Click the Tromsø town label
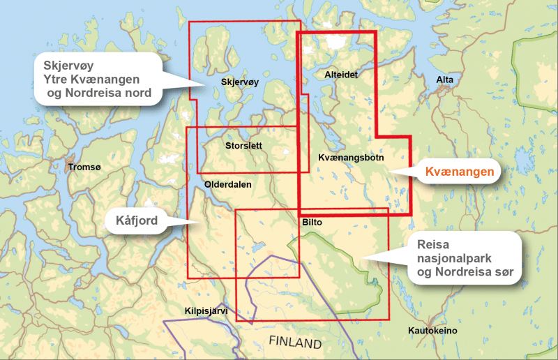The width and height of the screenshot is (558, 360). pos(84,167)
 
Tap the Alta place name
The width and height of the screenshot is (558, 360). pos(444,80)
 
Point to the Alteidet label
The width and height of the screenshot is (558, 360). pos(341,74)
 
